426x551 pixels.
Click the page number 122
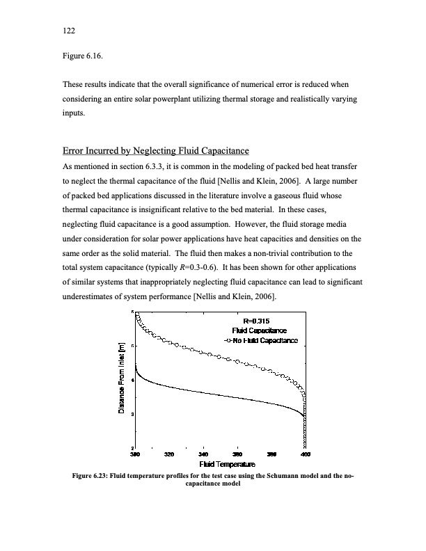[x=68, y=31]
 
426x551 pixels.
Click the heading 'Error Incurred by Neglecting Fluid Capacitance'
[x=156, y=152]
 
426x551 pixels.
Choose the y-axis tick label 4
[x=134, y=380]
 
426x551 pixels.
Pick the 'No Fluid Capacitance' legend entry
[x=265, y=340]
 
